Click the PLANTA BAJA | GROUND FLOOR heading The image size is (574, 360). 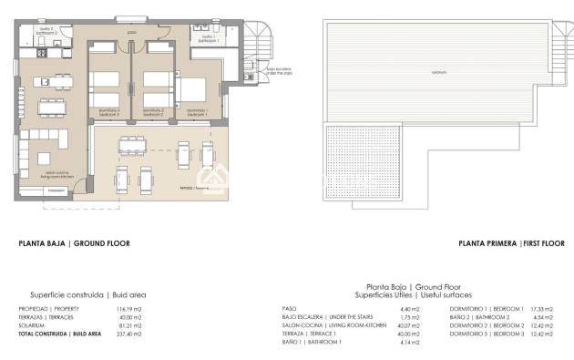(75, 243)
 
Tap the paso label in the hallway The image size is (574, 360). (133, 32)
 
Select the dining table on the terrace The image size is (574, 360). (134, 145)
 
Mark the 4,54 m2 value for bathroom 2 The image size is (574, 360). (545, 318)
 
